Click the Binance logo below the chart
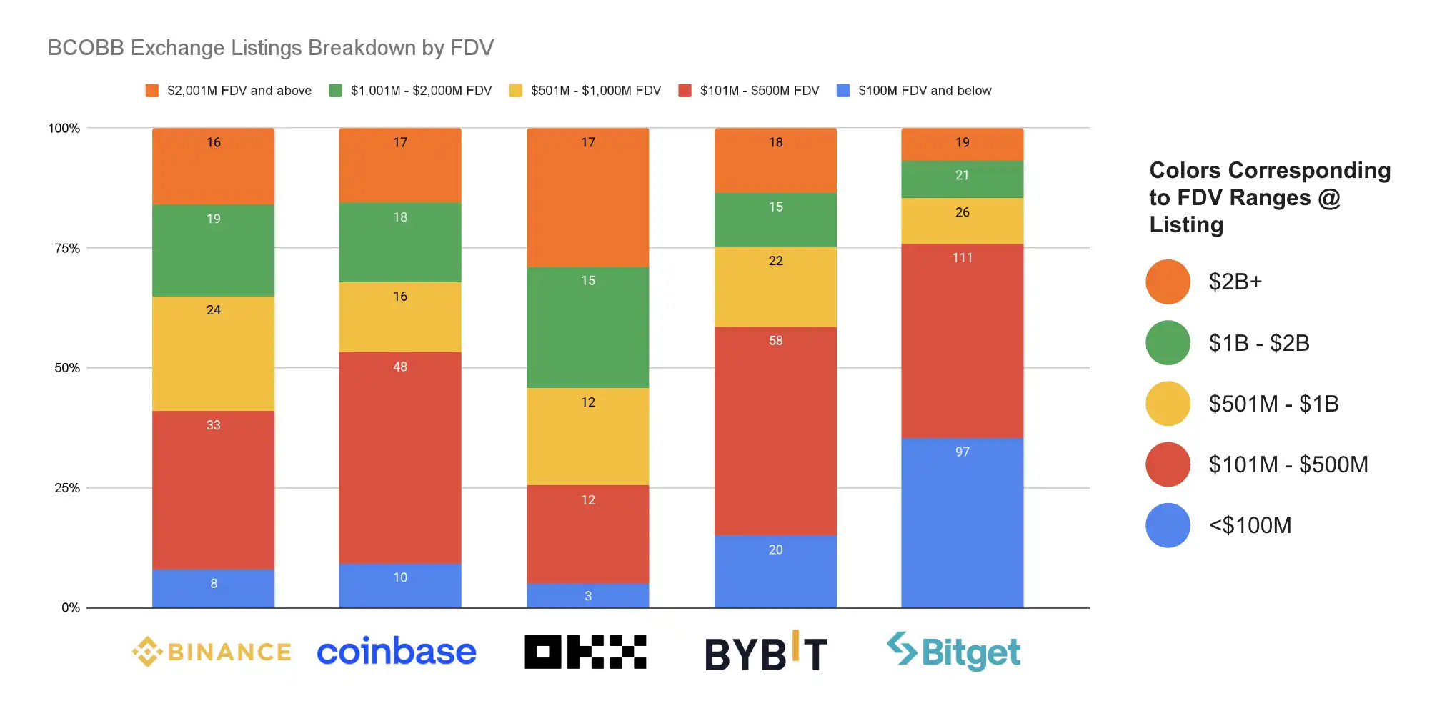tap(212, 652)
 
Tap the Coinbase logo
tap(396, 652)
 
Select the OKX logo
tap(585, 652)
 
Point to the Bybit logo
tap(766, 652)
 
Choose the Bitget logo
tap(953, 652)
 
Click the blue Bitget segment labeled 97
tap(962, 522)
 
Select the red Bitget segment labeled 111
tap(962, 341)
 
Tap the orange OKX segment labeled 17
tap(587, 197)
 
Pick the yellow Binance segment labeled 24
tap(213, 353)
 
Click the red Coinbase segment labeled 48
tap(399, 457)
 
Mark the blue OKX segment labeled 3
tap(587, 596)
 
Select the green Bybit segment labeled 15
tap(775, 219)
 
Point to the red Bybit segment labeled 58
tap(775, 431)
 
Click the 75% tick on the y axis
tap(67, 248)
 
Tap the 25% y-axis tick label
tap(67, 488)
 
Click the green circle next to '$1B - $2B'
tap(1168, 343)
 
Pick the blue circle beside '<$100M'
tap(1168, 525)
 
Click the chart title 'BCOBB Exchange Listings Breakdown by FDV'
tap(271, 48)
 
